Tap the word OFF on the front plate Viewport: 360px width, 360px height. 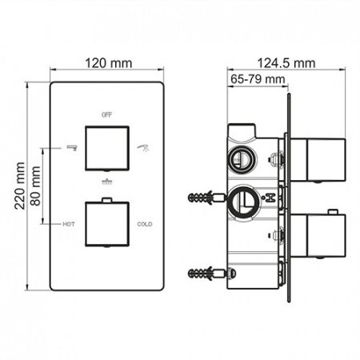click(106, 115)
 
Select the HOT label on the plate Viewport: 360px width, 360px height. click(69, 225)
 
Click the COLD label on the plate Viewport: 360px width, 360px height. click(144, 225)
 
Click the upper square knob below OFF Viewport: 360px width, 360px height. click(106, 148)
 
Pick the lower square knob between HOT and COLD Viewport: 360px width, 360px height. click(106, 225)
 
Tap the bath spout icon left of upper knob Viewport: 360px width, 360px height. click(70, 146)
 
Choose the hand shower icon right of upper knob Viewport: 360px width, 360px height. click(144, 146)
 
